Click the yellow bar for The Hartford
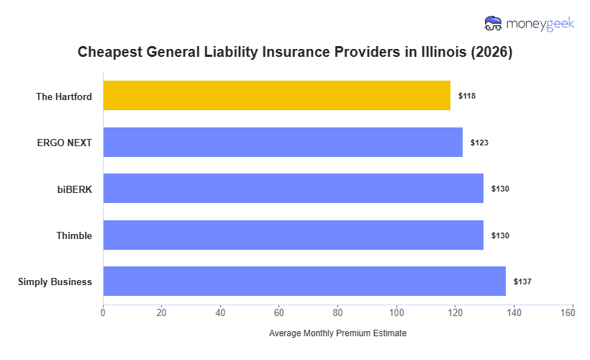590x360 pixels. tap(276, 96)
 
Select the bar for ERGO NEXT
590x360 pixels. tap(283, 142)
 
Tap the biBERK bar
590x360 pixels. tap(293, 189)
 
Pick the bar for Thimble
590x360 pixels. tap(293, 235)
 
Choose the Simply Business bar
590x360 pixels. tap(304, 282)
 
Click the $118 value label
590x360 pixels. tap(467, 96)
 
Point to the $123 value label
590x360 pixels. tap(479, 143)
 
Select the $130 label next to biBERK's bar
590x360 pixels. tap(500, 189)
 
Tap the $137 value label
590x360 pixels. tap(522, 282)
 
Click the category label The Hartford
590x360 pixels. tap(64, 96)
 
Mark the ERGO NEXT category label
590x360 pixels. tap(65, 143)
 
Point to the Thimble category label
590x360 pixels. tap(74, 235)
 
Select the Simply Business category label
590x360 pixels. tap(55, 282)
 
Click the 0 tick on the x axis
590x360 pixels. tap(103, 312)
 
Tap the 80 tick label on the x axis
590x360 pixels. tap(337, 312)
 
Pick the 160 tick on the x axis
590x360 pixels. tap(572, 312)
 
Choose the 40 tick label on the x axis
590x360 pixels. tap(220, 312)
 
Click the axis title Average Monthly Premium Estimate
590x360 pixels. tap(337, 334)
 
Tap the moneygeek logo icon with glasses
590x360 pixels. tap(494, 24)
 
